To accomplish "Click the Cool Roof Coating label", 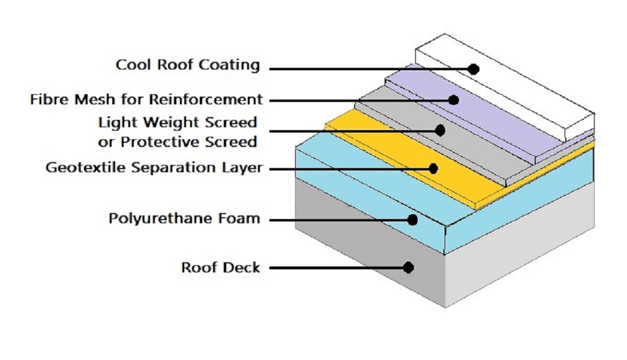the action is click(188, 65).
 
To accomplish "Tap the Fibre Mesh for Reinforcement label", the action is click(146, 99).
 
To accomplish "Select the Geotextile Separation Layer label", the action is click(154, 167).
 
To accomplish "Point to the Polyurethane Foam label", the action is click(184, 218).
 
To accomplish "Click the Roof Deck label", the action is click(220, 267).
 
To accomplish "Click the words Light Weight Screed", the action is click(178, 122).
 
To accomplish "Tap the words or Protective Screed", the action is click(178, 142).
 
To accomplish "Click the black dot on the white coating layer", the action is click(473, 69).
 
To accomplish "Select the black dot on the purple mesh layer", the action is click(454, 100).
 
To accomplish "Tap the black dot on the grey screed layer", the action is click(440, 130).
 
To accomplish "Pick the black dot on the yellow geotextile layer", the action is click(433, 169).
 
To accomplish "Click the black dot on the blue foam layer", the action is click(412, 220).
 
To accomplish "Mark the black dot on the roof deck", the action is click(408, 268).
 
